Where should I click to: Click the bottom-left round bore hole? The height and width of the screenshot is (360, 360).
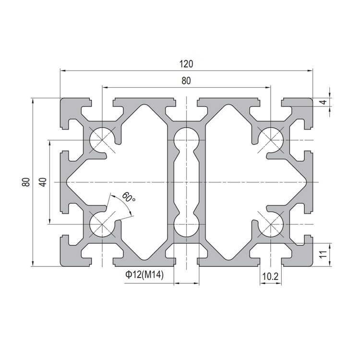pos(102,224)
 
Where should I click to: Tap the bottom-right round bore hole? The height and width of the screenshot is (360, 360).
pos(270,224)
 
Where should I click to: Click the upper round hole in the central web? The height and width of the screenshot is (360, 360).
pos(186,140)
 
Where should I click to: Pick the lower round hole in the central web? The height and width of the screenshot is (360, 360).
pos(186,225)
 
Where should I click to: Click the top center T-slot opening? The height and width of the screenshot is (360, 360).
pos(186,103)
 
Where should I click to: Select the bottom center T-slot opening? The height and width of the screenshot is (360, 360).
pos(186,261)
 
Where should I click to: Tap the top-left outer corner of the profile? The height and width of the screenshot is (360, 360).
pos(61,99)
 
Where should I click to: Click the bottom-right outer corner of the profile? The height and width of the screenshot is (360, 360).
pos(312,265)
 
